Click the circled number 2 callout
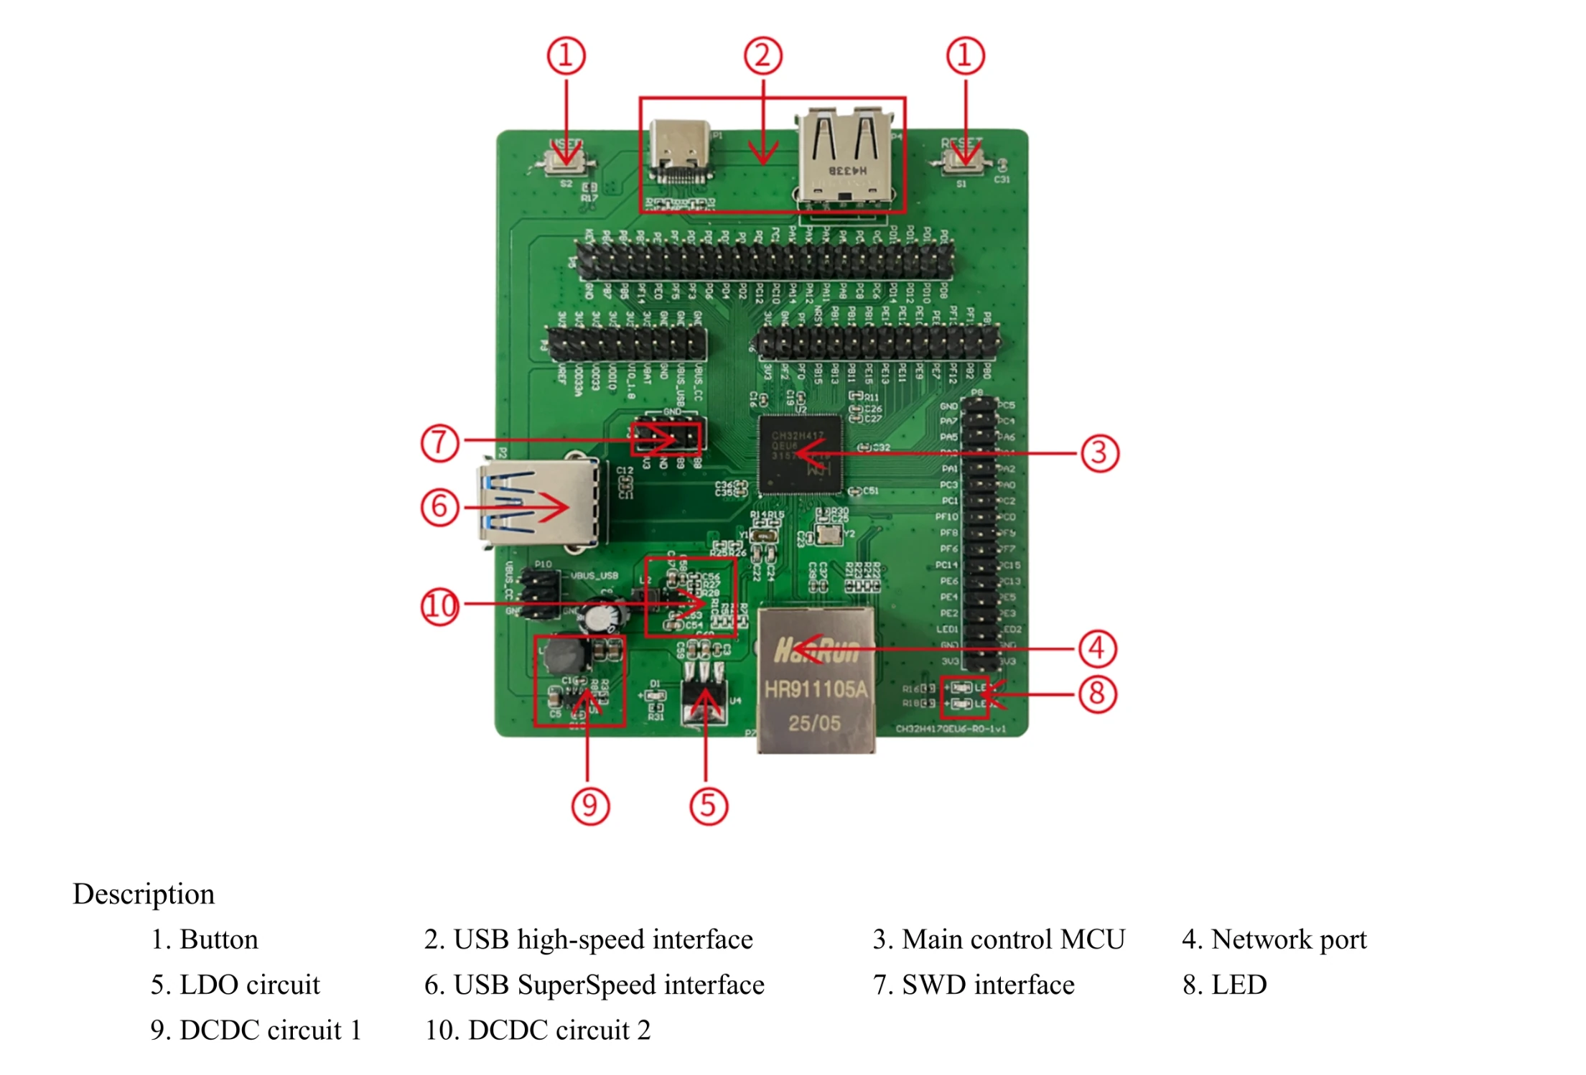click(x=762, y=56)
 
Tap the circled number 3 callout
click(x=1099, y=453)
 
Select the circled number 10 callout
click(x=439, y=606)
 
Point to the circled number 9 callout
click(x=589, y=805)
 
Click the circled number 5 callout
click(x=708, y=805)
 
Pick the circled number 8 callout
click(x=1097, y=694)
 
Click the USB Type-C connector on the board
click(x=680, y=151)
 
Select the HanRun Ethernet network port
click(x=816, y=679)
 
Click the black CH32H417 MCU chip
click(x=800, y=455)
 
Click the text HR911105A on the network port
click(x=816, y=690)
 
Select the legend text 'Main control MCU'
click(x=999, y=939)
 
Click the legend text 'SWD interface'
click(x=974, y=985)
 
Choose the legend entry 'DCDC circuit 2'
click(x=538, y=1030)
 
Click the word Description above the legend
click(x=144, y=894)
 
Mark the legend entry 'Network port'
click(x=1274, y=939)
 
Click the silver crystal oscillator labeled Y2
click(x=829, y=535)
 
